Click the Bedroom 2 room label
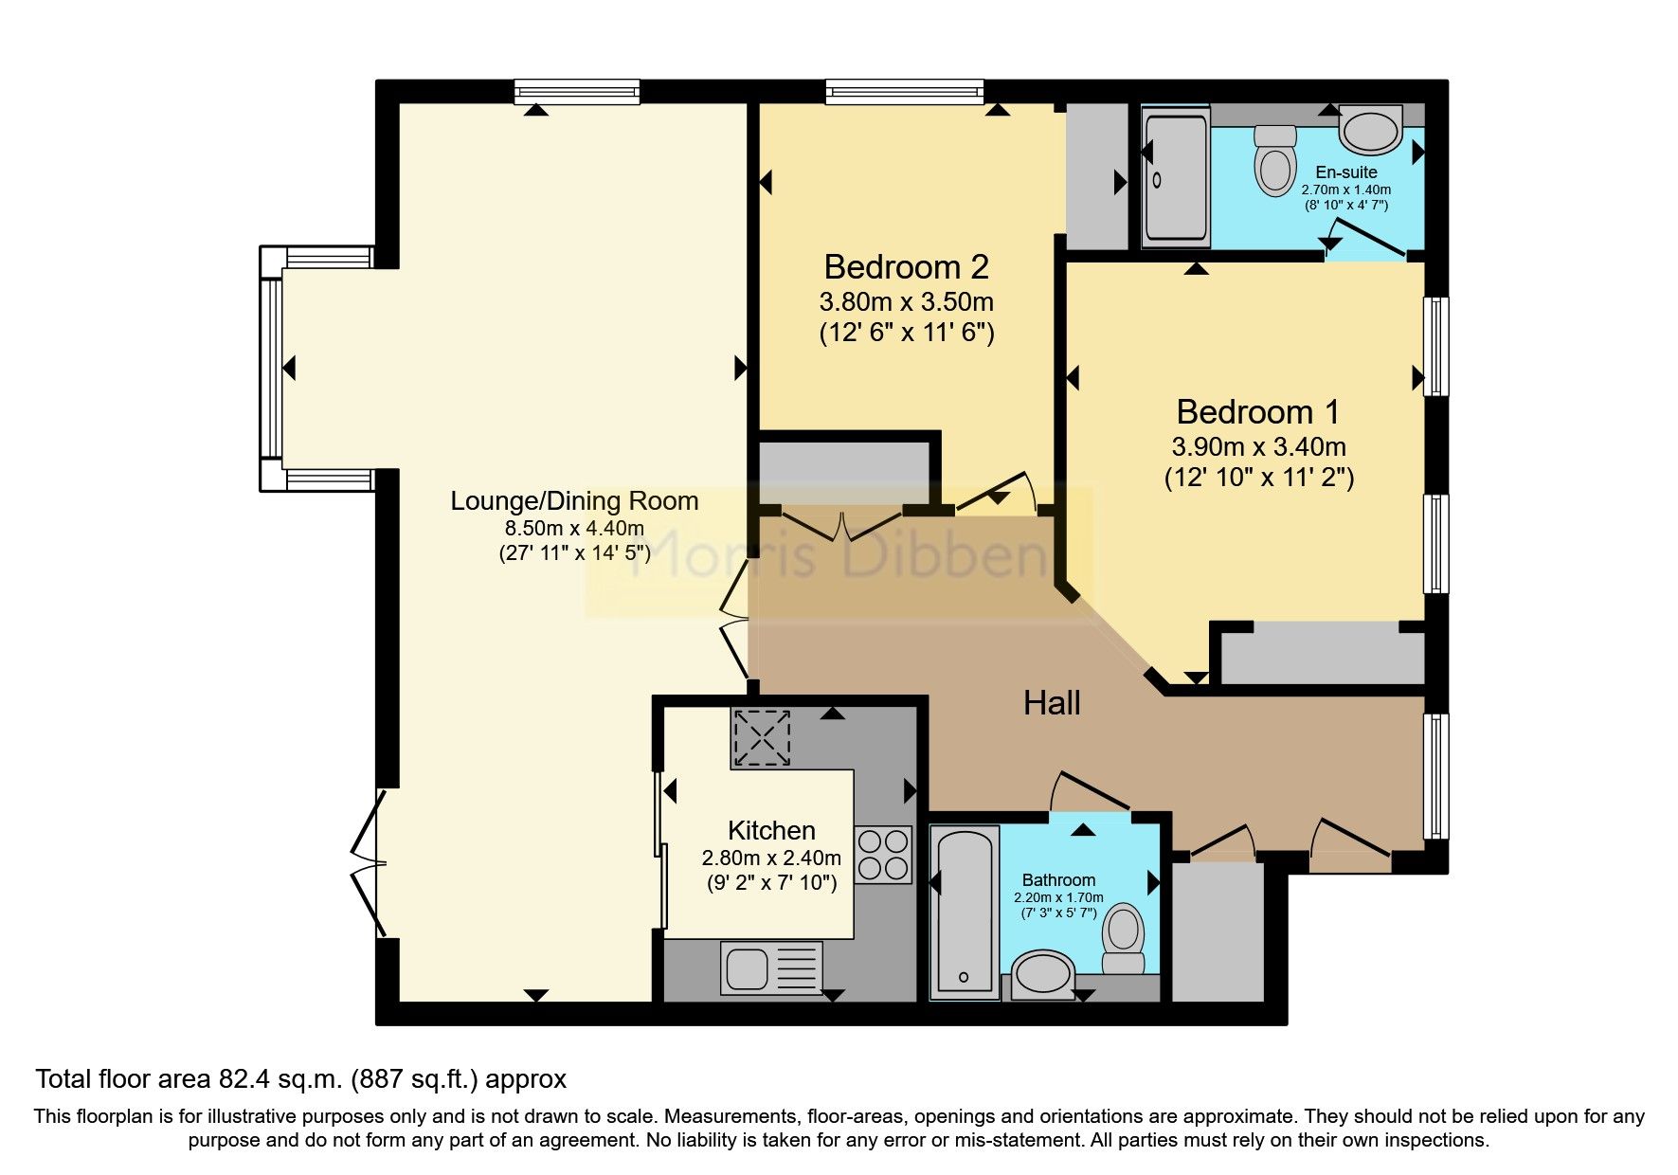tap(906, 267)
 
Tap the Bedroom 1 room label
tap(1257, 412)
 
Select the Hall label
tap(1052, 703)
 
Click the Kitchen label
tap(770, 831)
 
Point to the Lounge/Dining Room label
tap(574, 501)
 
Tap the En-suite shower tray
tap(1176, 177)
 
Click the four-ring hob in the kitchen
tap(883, 855)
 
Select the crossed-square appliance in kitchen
tap(762, 738)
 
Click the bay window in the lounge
tap(272, 368)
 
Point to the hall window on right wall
tap(1436, 775)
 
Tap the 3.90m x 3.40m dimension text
tap(1258, 446)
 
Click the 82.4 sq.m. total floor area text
tap(301, 1078)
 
